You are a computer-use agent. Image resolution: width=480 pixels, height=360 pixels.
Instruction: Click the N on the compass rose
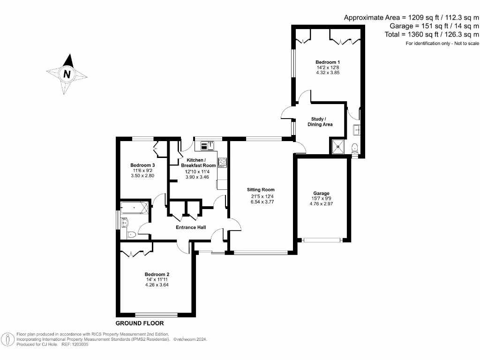(67, 74)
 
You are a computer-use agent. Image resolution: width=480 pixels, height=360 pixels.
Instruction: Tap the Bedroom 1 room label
(328, 62)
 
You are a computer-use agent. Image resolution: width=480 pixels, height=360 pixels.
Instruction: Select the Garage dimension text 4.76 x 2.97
(322, 204)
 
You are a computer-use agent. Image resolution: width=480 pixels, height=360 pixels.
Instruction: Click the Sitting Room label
(261, 190)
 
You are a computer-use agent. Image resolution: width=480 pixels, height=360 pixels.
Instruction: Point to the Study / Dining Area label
(320, 122)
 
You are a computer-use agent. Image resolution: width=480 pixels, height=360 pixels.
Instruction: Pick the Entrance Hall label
(191, 228)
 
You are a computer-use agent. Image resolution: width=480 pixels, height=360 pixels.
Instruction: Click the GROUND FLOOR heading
(140, 323)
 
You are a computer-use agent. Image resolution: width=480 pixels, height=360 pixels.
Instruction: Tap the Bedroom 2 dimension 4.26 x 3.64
(157, 285)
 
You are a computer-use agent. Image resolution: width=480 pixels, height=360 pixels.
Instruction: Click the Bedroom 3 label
(142, 165)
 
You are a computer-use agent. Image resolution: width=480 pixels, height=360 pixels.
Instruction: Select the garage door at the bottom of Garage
(322, 240)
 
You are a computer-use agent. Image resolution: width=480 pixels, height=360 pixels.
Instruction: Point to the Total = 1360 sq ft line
(427, 34)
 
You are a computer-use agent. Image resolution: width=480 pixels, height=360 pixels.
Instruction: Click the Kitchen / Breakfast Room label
(198, 163)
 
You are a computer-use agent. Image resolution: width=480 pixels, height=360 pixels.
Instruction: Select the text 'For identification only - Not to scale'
(442, 44)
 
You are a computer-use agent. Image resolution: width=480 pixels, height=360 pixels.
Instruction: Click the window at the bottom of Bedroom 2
(156, 315)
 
